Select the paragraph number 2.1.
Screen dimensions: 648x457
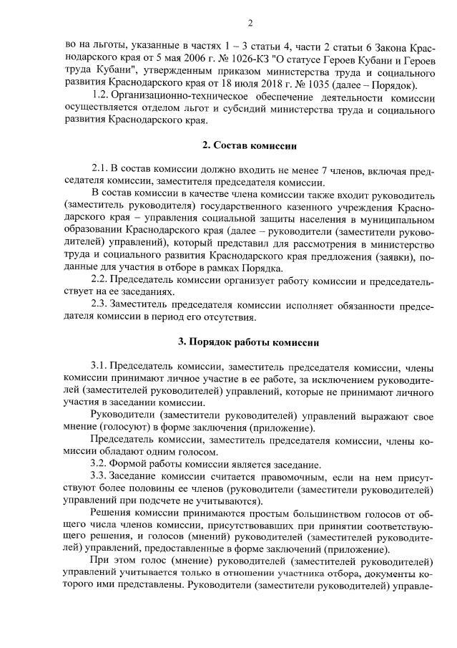(101, 169)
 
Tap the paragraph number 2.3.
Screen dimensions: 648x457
(101, 304)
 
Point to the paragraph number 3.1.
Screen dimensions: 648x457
(101, 365)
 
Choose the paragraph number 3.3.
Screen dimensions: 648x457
(101, 475)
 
